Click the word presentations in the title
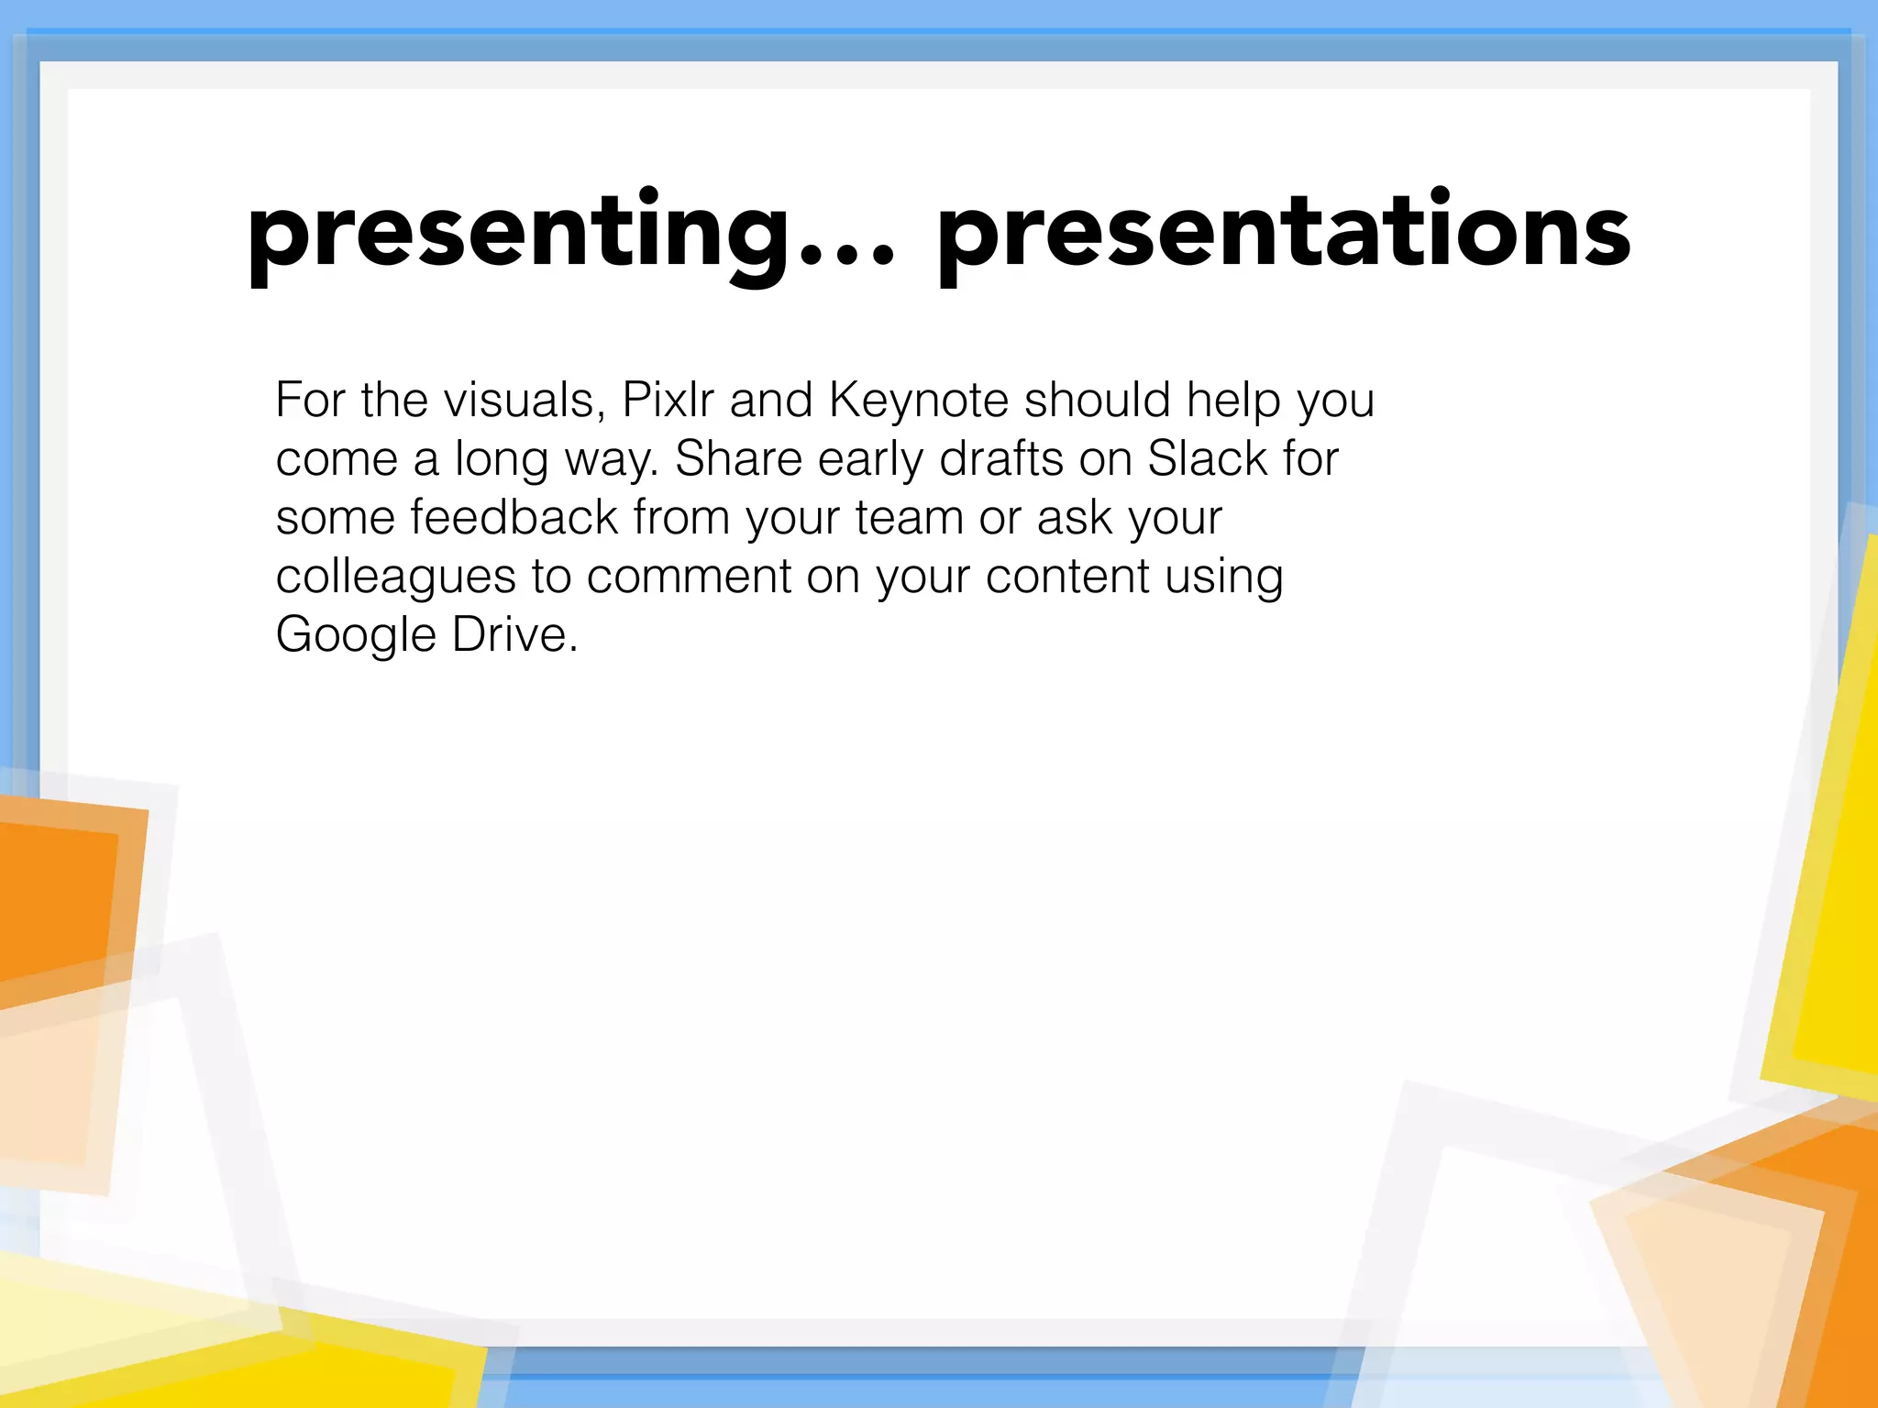pos(1284,234)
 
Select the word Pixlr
pos(668,401)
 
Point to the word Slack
pos(1207,458)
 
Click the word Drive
pos(510,634)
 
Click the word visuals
pos(524,401)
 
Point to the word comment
pos(689,577)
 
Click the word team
pos(909,517)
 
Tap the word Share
pos(738,458)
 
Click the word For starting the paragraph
pos(310,401)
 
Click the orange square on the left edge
pos(55,898)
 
